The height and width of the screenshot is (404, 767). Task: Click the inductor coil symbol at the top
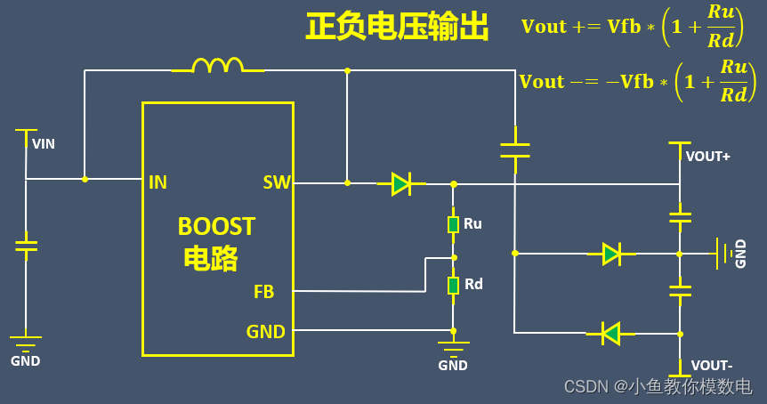[218, 65]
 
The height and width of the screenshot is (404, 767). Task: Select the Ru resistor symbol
[453, 224]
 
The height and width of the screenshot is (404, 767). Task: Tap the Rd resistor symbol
[453, 285]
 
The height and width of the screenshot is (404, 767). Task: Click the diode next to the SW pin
[401, 183]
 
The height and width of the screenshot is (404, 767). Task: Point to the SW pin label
[277, 183]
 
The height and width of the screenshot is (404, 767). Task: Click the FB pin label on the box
[263, 292]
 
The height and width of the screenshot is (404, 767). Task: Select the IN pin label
[157, 183]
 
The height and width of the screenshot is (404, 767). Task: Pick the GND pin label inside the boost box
[265, 333]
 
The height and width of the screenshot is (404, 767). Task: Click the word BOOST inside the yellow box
[216, 227]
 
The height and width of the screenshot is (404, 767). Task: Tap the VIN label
[44, 143]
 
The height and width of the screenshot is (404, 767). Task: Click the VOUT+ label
[708, 157]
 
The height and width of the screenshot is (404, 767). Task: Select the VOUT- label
[712, 366]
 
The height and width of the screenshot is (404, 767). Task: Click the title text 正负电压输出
[397, 28]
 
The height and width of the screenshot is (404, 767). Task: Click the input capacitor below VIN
[26, 244]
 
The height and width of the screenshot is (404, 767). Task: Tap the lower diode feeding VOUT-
[610, 334]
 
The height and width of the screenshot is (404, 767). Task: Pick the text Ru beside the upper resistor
[472, 223]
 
